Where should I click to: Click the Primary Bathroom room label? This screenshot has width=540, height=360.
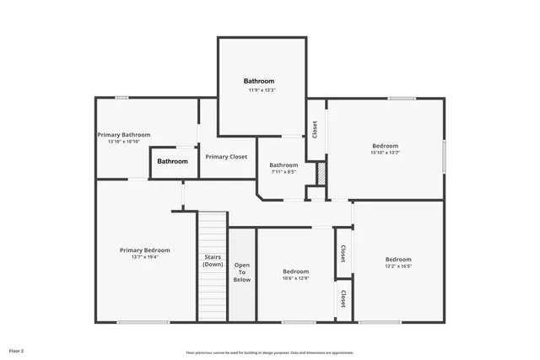coord(124,135)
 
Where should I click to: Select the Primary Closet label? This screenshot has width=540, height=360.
coord(226,157)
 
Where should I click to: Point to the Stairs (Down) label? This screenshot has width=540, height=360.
coord(213,261)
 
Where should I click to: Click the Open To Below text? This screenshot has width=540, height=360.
coord(242,272)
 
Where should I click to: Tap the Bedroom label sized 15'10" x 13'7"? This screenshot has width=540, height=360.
coord(385,146)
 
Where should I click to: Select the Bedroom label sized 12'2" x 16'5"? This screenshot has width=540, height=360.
coord(398,259)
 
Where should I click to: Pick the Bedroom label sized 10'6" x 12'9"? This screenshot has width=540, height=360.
coord(295,271)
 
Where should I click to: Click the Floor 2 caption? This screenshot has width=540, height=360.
coord(17,350)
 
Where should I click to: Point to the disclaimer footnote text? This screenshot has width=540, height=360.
coord(270,352)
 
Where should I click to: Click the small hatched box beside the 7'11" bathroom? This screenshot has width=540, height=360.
coord(321,173)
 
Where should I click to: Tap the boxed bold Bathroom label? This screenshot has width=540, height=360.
coord(172,161)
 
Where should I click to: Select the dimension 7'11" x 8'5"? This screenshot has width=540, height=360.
coord(283,172)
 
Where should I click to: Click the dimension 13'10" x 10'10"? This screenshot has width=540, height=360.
coord(124,142)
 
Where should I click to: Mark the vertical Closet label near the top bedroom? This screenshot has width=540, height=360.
coord(315,129)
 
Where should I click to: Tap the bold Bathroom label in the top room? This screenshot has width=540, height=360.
coord(259,81)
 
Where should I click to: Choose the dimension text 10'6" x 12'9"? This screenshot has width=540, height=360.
coord(295,278)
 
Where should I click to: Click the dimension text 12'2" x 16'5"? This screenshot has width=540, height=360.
coord(398,266)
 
